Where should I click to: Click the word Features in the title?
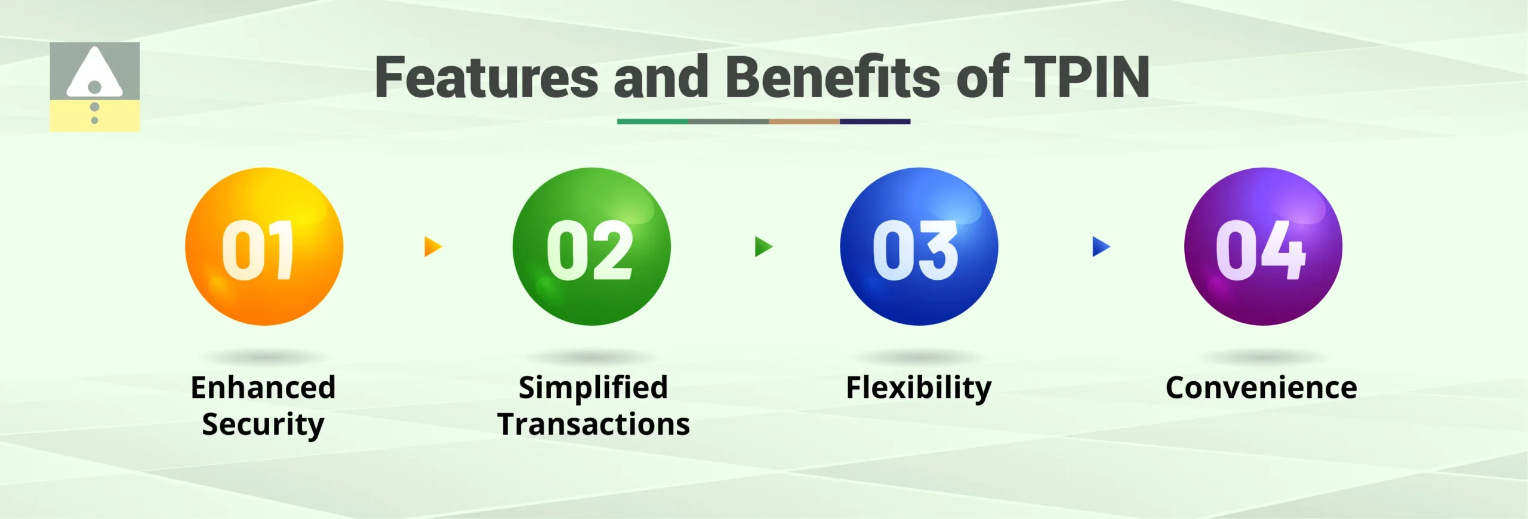click(486, 78)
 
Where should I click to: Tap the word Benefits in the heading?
click(833, 78)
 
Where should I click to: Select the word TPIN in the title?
click(1086, 78)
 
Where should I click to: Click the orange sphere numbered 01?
click(264, 246)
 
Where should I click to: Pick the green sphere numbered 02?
click(592, 246)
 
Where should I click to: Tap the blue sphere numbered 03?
click(919, 246)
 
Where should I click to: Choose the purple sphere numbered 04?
click(1263, 246)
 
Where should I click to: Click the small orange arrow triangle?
click(432, 246)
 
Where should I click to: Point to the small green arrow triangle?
click(763, 246)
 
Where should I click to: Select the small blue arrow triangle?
click(1100, 246)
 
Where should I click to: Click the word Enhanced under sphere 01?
click(263, 388)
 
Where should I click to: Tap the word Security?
click(263, 425)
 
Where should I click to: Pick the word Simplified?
click(593, 388)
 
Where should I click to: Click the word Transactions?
click(593, 425)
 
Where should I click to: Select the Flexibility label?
click(919, 388)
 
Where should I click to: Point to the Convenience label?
click(1261, 388)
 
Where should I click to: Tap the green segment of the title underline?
click(652, 122)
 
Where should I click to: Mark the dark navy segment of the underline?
click(874, 122)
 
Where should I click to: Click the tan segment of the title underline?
click(804, 122)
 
